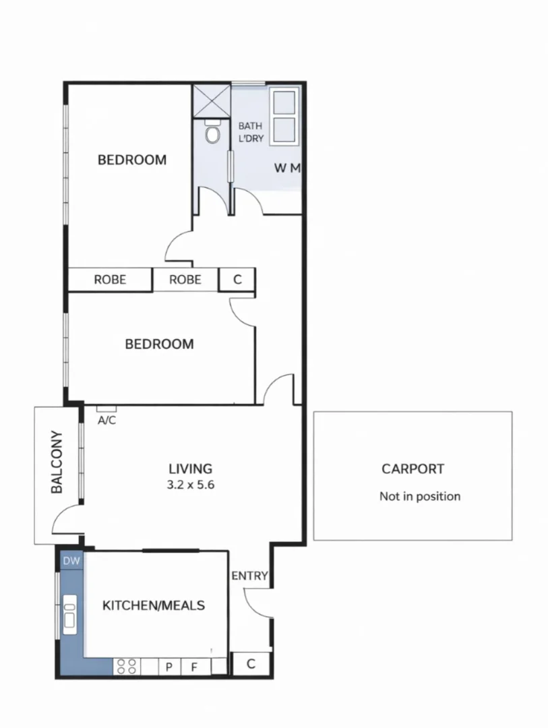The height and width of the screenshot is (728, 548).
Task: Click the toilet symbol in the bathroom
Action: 213,134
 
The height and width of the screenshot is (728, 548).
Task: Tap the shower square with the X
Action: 212,100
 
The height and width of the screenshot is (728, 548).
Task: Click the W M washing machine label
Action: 287,168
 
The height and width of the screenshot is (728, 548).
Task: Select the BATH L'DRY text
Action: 251,132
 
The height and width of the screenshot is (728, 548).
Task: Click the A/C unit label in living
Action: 106,420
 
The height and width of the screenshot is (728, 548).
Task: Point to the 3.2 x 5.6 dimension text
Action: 190,484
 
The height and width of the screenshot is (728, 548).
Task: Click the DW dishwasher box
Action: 71,560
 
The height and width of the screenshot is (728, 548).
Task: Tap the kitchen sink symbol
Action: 69,613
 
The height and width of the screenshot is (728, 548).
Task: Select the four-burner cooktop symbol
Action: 127,667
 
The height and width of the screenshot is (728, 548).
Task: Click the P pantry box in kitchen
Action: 169,667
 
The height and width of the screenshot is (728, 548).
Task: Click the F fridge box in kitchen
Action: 194,667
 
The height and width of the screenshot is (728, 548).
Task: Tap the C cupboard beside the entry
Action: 250,664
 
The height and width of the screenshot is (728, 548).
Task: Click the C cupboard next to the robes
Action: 237,279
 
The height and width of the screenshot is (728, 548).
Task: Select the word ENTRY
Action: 249,576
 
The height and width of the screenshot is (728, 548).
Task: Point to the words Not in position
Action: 420,497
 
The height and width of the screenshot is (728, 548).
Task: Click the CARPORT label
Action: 413,469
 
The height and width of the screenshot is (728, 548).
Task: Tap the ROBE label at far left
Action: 109,279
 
